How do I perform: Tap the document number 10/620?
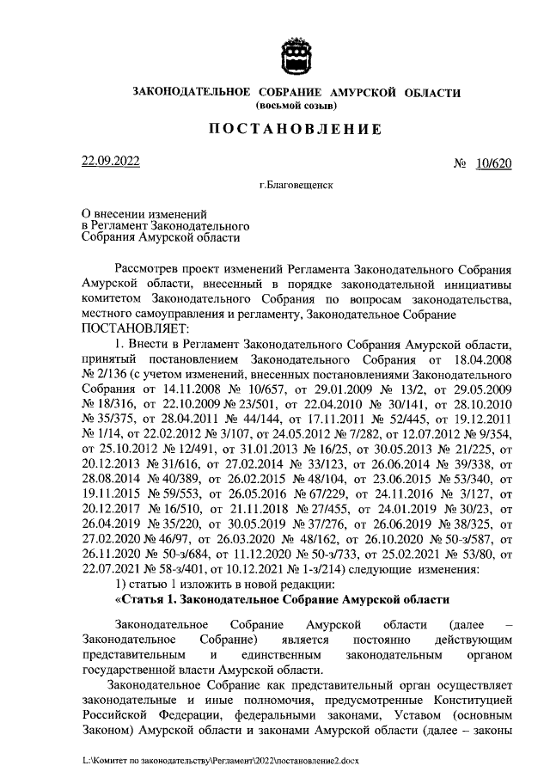493,163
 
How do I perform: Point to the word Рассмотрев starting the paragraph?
147,270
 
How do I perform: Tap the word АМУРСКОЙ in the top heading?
362,92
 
